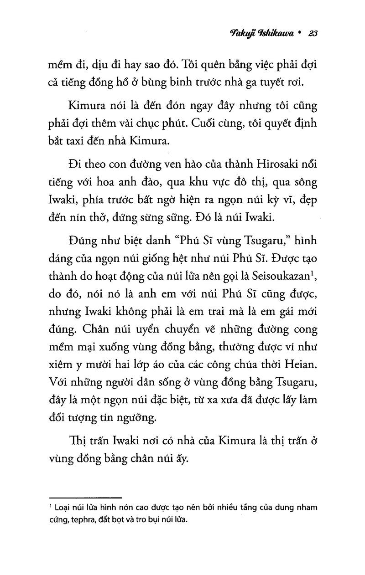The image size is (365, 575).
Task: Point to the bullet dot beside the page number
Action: click(x=299, y=33)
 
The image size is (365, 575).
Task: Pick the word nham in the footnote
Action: click(x=306, y=508)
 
